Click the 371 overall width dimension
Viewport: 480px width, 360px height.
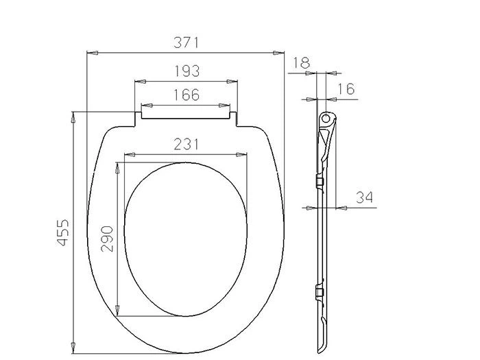point(186,43)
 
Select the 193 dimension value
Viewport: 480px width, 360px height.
point(187,71)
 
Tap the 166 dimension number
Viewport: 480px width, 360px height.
point(187,95)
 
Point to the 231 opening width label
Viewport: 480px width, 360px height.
point(186,144)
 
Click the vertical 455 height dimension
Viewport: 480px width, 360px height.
point(63,232)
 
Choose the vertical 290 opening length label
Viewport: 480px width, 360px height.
point(107,239)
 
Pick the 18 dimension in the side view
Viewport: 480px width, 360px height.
point(302,63)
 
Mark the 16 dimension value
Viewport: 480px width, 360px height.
point(346,89)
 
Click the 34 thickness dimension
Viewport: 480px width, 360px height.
point(364,197)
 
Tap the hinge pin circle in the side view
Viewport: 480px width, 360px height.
point(326,118)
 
